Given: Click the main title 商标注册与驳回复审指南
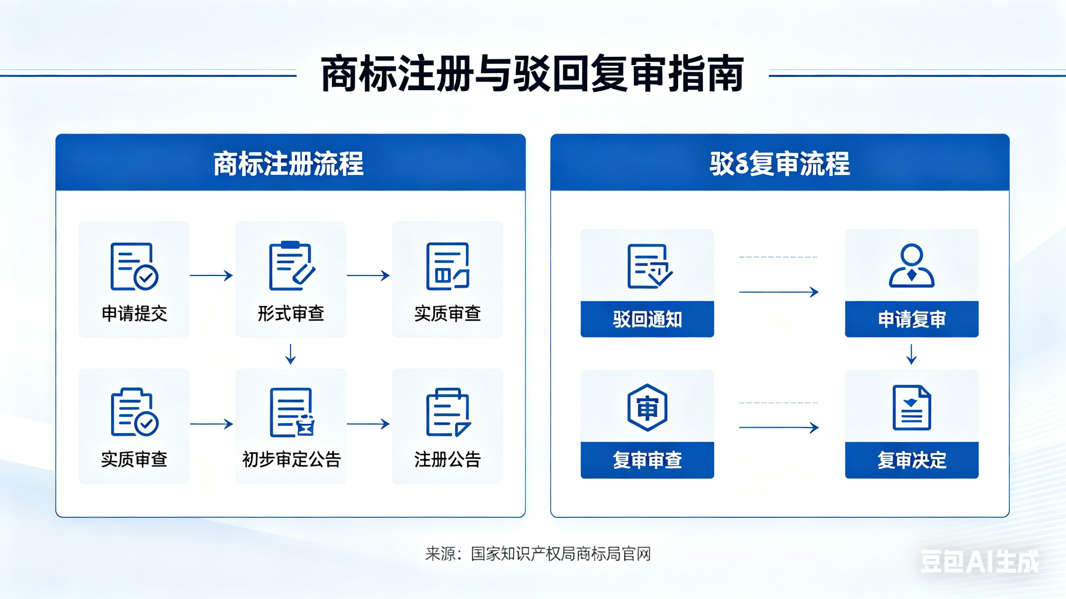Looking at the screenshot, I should point(532,74).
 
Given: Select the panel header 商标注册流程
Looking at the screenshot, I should point(289,164).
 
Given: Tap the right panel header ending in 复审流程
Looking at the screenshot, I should point(780,164).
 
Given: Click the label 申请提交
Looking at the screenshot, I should point(134,314).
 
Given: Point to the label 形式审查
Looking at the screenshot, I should point(291,314).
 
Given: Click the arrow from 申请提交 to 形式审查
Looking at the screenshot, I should point(212,276).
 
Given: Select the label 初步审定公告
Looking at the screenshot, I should point(291,460).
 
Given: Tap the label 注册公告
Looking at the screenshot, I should point(447,460).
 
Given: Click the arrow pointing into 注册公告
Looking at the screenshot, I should point(368,424).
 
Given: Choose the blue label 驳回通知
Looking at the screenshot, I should point(647,319).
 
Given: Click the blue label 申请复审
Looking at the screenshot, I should point(912,319).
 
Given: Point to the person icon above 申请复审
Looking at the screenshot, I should point(912,266).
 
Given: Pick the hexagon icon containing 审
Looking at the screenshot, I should point(647,408).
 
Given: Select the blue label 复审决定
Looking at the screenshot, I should point(912,460).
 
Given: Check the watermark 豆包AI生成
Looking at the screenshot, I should point(979,562).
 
